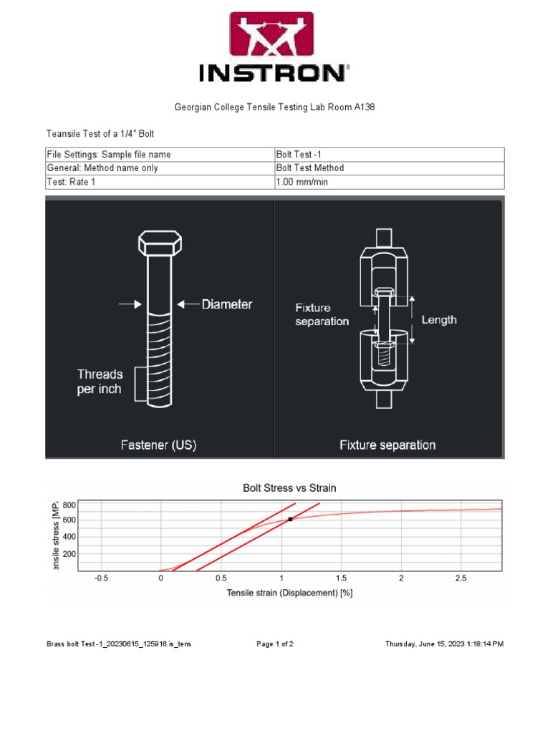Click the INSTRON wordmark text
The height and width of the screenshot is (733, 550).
(x=274, y=73)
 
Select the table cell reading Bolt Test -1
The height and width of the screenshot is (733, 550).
(x=299, y=155)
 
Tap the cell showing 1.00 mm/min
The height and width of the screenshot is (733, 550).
(x=302, y=182)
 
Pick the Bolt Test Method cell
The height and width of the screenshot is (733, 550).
(x=310, y=168)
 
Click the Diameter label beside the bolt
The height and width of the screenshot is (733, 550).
(x=226, y=304)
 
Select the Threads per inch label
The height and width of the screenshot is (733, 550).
(x=100, y=382)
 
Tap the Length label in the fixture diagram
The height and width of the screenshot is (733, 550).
(x=438, y=320)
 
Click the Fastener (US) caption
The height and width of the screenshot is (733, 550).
(x=158, y=445)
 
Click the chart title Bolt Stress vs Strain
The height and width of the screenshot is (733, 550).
(x=289, y=488)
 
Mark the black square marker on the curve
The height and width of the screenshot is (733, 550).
(x=290, y=519)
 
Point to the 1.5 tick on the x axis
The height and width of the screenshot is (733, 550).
(x=341, y=578)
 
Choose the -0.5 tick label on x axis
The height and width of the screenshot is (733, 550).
(x=101, y=578)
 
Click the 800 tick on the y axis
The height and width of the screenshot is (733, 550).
(x=69, y=505)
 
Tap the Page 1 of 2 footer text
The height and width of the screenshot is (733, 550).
(x=275, y=644)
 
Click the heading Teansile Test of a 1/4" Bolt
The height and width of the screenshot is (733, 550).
(x=100, y=134)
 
